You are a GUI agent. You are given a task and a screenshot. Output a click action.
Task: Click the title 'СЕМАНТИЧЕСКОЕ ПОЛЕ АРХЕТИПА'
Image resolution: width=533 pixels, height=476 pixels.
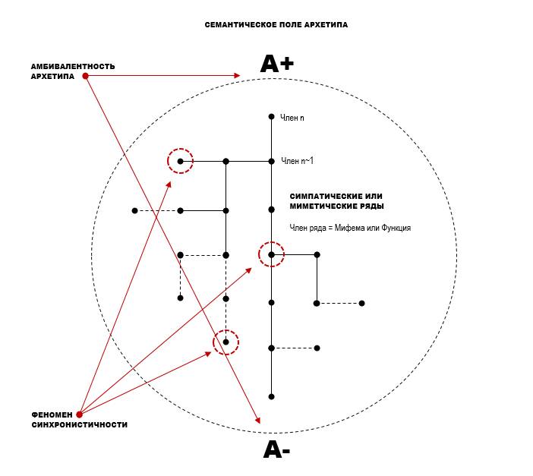pyautogui.click(x=276, y=25)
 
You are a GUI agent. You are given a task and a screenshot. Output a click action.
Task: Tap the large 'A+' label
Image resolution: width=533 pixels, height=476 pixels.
pyautogui.click(x=276, y=64)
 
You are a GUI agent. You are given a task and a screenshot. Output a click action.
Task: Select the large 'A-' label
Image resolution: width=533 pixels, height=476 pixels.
pyautogui.click(x=276, y=449)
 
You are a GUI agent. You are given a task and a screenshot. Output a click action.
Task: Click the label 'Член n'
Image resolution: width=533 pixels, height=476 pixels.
pyautogui.click(x=292, y=118)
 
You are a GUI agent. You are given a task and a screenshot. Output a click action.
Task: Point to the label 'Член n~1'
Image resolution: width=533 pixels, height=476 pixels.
pyautogui.click(x=297, y=160)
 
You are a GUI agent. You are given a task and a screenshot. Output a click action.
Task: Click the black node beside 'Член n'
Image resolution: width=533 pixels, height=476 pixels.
pyautogui.click(x=271, y=117)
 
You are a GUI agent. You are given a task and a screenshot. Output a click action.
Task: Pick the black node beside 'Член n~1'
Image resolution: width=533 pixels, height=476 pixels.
pyautogui.click(x=271, y=161)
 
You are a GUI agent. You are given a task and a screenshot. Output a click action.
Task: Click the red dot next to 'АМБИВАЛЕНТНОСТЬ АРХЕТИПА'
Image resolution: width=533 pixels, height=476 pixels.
pyautogui.click(x=86, y=76)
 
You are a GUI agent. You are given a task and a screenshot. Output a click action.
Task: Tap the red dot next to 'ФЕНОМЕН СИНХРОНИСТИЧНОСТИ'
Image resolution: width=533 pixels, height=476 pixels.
pyautogui.click(x=79, y=415)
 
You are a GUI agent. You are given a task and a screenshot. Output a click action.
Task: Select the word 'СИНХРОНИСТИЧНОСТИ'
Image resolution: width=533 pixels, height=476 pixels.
pyautogui.click(x=80, y=424)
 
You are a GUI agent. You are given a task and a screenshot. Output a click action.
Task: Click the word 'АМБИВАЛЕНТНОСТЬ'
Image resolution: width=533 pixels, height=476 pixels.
pyautogui.click(x=73, y=66)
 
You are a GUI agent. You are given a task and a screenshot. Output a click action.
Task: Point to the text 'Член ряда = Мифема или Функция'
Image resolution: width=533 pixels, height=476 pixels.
pyautogui.click(x=350, y=228)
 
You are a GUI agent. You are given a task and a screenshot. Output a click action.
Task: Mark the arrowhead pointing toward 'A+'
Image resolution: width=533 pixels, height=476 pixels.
pyautogui.click(x=237, y=75)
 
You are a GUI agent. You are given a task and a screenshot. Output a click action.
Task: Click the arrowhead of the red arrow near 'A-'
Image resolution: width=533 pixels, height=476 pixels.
pyautogui.click(x=257, y=421)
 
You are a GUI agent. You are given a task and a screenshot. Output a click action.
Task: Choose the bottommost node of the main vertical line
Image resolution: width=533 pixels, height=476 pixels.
pyautogui.click(x=271, y=396)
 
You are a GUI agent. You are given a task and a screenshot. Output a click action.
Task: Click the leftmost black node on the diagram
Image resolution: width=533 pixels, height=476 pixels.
pyautogui.click(x=134, y=211)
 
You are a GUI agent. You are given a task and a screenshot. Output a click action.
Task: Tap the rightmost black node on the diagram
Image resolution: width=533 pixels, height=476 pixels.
pyautogui.click(x=361, y=303)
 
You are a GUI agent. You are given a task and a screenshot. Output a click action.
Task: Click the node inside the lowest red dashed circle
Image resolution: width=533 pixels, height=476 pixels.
pyautogui.click(x=225, y=342)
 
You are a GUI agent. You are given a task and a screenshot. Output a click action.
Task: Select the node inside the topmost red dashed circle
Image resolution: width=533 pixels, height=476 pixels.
pyautogui.click(x=180, y=161)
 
